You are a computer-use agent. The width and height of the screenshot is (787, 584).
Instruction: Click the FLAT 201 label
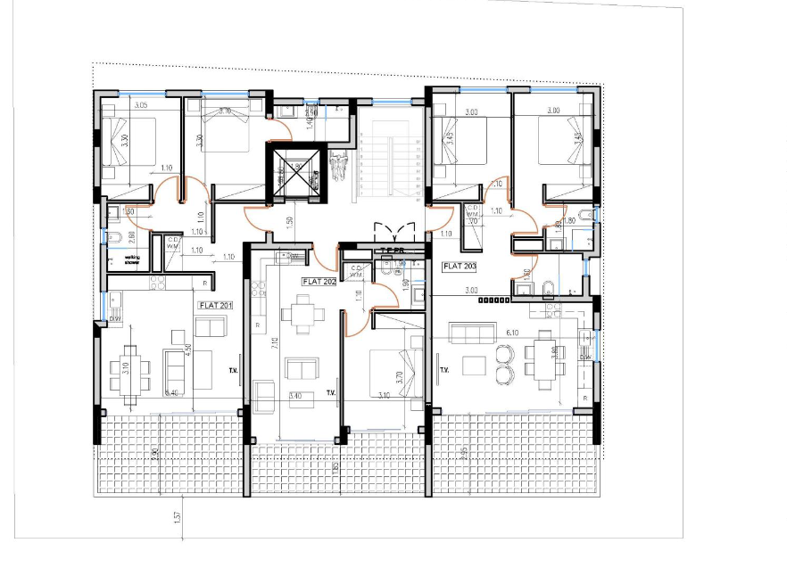(x=215, y=304)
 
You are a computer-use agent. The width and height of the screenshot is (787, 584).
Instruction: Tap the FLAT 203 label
(x=460, y=266)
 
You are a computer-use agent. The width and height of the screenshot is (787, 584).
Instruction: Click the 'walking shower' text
(x=132, y=261)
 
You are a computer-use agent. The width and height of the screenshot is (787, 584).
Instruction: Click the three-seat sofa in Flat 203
(x=473, y=333)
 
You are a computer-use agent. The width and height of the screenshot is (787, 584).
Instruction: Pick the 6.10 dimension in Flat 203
(x=512, y=332)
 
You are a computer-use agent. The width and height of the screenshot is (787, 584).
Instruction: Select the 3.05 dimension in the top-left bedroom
(x=140, y=106)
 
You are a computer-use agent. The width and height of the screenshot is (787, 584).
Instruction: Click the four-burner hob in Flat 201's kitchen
(x=158, y=282)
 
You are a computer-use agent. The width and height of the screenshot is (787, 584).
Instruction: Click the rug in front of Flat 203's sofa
(x=474, y=366)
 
